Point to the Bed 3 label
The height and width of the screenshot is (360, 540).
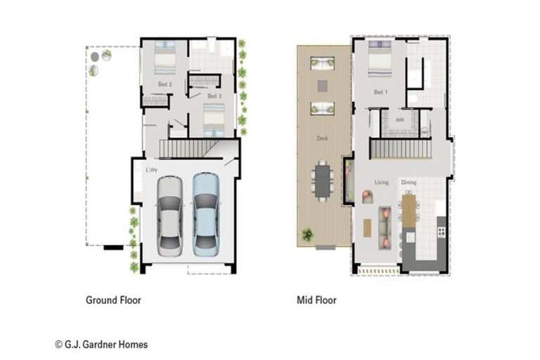214,96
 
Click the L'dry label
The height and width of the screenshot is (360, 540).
152,170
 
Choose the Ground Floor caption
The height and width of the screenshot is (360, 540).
113,300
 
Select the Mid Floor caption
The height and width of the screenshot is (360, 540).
316,300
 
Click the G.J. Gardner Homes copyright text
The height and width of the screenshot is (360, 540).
101,345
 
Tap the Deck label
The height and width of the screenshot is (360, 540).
322,139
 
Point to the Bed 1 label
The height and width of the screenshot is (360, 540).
380,92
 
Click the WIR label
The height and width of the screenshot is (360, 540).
399,120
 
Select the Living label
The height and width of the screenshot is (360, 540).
381,183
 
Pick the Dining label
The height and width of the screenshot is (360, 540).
409,183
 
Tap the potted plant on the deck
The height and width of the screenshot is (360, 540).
307,235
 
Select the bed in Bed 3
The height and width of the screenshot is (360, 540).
214,118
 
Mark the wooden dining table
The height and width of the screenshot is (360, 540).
409,210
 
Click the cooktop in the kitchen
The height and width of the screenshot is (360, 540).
442,230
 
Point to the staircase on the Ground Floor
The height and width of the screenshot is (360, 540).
186,148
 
